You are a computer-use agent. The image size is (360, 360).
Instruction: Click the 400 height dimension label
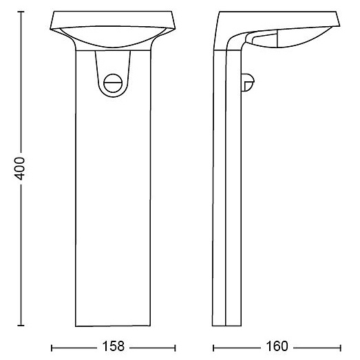[x=19, y=169]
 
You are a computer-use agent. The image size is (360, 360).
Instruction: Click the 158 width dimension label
[x=113, y=346]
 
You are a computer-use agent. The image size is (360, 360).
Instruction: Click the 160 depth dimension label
[x=277, y=346]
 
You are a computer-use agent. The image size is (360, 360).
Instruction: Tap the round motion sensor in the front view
[x=113, y=83]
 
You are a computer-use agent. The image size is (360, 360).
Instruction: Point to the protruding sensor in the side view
[x=248, y=82]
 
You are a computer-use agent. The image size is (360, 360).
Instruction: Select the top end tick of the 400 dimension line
[x=21, y=12]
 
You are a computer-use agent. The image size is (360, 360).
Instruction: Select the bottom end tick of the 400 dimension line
[x=21, y=325]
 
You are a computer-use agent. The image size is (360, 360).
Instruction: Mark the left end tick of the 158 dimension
[x=52, y=348]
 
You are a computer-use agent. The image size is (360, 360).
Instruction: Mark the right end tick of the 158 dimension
[x=175, y=348]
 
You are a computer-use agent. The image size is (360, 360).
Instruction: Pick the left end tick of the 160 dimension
[x=213, y=348]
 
